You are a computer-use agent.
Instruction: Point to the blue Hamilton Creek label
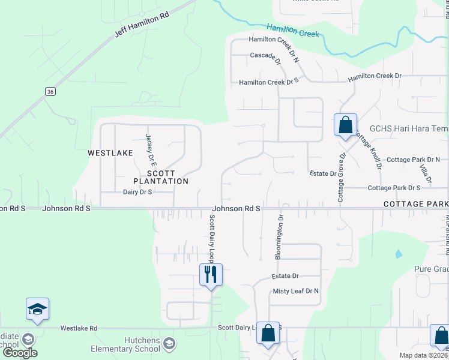293,30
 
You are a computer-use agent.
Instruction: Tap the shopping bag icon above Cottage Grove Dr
345,125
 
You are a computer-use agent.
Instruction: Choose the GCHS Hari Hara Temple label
408,128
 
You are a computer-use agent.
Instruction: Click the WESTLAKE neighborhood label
110,153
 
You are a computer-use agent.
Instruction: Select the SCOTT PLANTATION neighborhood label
160,176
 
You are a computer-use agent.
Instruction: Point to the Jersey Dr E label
150,150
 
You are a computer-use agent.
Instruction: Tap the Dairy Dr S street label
137,192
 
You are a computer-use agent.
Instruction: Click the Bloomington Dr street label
280,238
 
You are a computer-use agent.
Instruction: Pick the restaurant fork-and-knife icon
211,275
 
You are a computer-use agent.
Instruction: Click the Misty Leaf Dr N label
296,291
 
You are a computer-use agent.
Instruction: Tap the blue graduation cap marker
37,310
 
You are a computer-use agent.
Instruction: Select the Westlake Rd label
79,328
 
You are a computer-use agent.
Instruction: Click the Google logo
20,353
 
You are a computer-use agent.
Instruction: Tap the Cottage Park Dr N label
413,160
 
